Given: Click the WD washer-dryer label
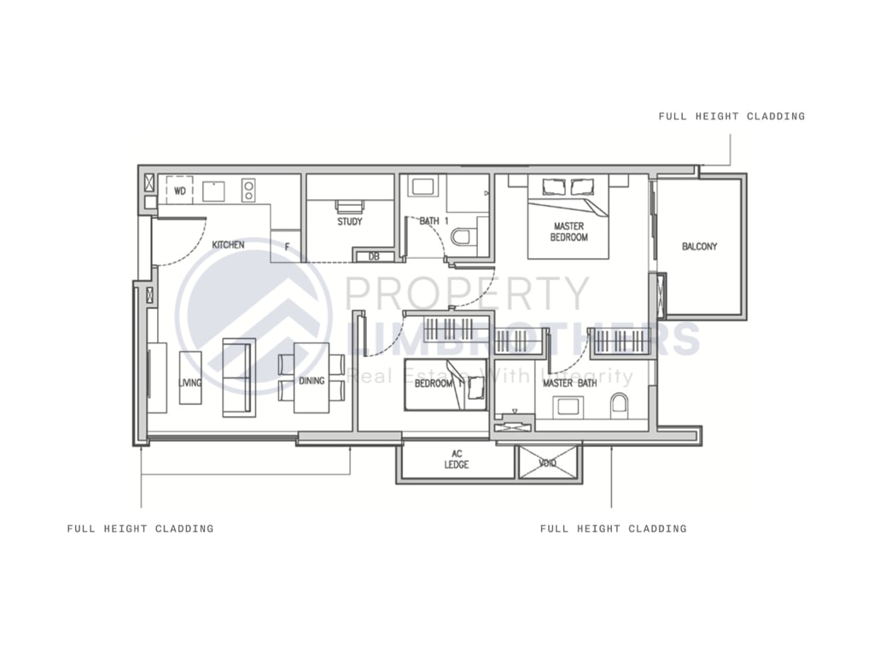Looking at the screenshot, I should pos(180,190).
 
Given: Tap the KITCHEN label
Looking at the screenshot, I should pos(228,245).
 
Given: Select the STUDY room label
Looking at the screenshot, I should pos(350,222).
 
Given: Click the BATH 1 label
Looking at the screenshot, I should pos(434,222).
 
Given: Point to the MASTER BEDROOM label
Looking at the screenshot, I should pos(568,231).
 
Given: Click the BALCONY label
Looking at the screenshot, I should pos(699,247).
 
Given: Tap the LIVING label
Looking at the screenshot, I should pos(190,383).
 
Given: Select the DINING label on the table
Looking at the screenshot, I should pos(312,381).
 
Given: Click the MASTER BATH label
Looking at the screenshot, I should pos(569,384).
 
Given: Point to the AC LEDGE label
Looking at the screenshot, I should pos(457,460).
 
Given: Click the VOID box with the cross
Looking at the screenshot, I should pos(549,462).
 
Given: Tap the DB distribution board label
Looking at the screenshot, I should pos(374,256).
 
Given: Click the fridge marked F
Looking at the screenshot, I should pos(286,246).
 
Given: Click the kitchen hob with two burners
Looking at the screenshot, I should pos(248,189).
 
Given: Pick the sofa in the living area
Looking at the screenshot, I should pos(238,377).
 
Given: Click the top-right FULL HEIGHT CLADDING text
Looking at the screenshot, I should pos(731,116).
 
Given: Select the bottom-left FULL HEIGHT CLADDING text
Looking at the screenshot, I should pos(141,529).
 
